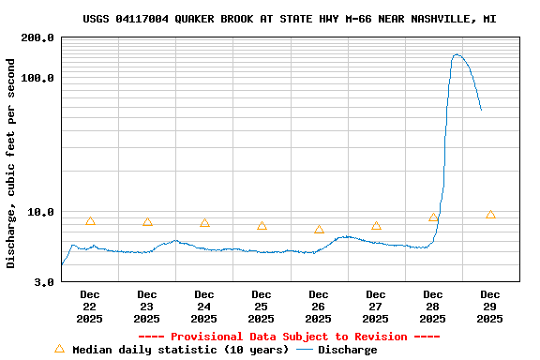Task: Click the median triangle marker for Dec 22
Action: (x=90, y=221)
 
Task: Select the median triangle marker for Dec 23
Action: (x=147, y=222)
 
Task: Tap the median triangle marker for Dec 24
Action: (x=204, y=223)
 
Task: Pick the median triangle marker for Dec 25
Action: (x=262, y=226)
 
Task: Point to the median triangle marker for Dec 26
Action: (x=319, y=230)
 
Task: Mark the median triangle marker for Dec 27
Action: (x=376, y=226)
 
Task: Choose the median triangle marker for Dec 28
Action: (x=433, y=217)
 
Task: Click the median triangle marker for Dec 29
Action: (x=490, y=215)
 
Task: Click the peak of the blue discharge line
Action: (x=457, y=54)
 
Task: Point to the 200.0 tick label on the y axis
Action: (x=37, y=38)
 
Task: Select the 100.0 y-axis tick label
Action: (x=37, y=78)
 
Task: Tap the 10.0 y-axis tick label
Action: (x=40, y=212)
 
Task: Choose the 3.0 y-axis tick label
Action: (x=43, y=281)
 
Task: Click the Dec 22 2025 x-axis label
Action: (x=90, y=307)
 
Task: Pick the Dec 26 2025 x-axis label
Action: (x=319, y=307)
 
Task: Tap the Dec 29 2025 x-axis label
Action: (x=490, y=307)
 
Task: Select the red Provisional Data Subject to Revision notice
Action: (x=289, y=337)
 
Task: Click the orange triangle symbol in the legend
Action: (x=60, y=349)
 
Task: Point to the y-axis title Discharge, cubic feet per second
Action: (x=11, y=163)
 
